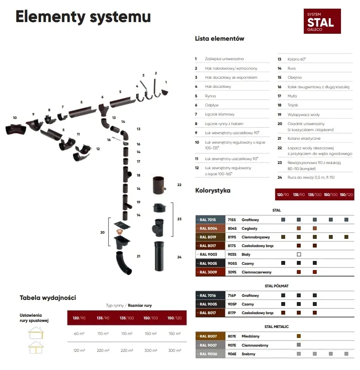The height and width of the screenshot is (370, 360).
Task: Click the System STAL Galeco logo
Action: [322, 21]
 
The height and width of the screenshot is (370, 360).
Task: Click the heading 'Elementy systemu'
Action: [83, 17]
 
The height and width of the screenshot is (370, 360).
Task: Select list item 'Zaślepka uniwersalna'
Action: [224, 59]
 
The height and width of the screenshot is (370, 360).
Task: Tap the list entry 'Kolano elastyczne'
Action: [304, 138]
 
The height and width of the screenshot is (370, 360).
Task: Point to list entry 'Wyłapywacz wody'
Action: [303, 115]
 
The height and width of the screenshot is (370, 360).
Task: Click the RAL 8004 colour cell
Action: [210, 228]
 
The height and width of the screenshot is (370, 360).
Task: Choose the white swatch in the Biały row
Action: [299, 254]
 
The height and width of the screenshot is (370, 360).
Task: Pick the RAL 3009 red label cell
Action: [210, 272]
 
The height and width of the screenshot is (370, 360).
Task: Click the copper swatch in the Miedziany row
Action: [299, 336]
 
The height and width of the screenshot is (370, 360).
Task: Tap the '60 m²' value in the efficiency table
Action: [79, 334]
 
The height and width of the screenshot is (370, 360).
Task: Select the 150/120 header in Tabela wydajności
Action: [174, 318]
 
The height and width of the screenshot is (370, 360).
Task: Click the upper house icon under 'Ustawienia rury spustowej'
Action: [35, 333]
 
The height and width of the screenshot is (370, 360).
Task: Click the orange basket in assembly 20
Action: [119, 232]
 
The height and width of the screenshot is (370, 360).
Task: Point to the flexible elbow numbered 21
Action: [123, 263]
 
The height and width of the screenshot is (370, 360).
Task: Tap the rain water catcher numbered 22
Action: [159, 185]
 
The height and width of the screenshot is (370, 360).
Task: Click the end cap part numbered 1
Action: [165, 93]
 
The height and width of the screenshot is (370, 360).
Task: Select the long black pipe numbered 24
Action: [159, 256]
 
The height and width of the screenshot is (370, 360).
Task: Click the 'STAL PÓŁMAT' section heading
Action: [276, 286]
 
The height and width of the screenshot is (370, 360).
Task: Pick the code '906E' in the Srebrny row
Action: [232, 354]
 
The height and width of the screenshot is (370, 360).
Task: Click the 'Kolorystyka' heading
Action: [213, 190]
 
